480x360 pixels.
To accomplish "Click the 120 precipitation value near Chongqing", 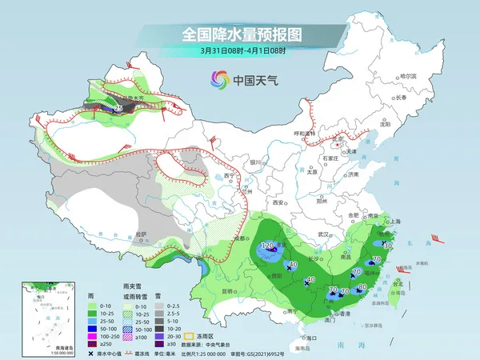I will (268, 245).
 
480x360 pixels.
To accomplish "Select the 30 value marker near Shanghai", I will (387, 246).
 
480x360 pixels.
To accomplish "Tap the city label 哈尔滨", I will (409, 76).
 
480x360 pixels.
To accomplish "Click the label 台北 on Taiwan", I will (399, 282).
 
